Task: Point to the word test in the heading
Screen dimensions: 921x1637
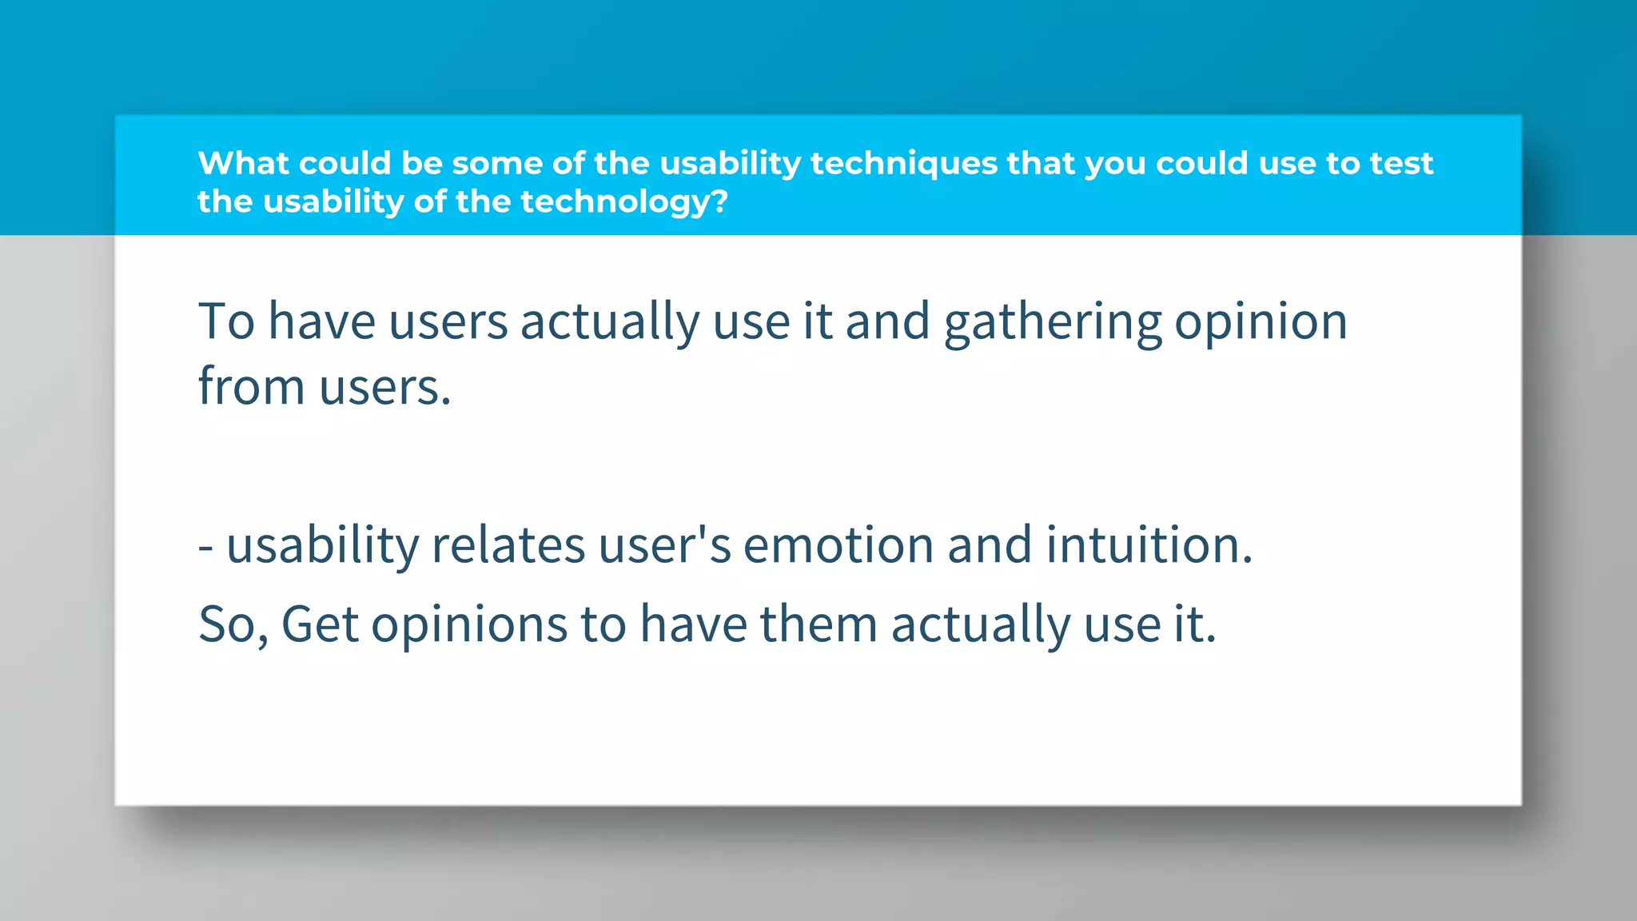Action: tap(1401, 163)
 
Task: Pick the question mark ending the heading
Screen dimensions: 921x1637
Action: tap(719, 201)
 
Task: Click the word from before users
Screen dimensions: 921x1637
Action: tap(251, 387)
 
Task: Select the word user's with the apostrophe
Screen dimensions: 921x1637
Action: tap(664, 546)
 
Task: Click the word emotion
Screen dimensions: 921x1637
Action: tap(838, 546)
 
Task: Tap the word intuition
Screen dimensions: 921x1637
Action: tap(1148, 546)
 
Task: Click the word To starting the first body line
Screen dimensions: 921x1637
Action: tap(226, 322)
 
